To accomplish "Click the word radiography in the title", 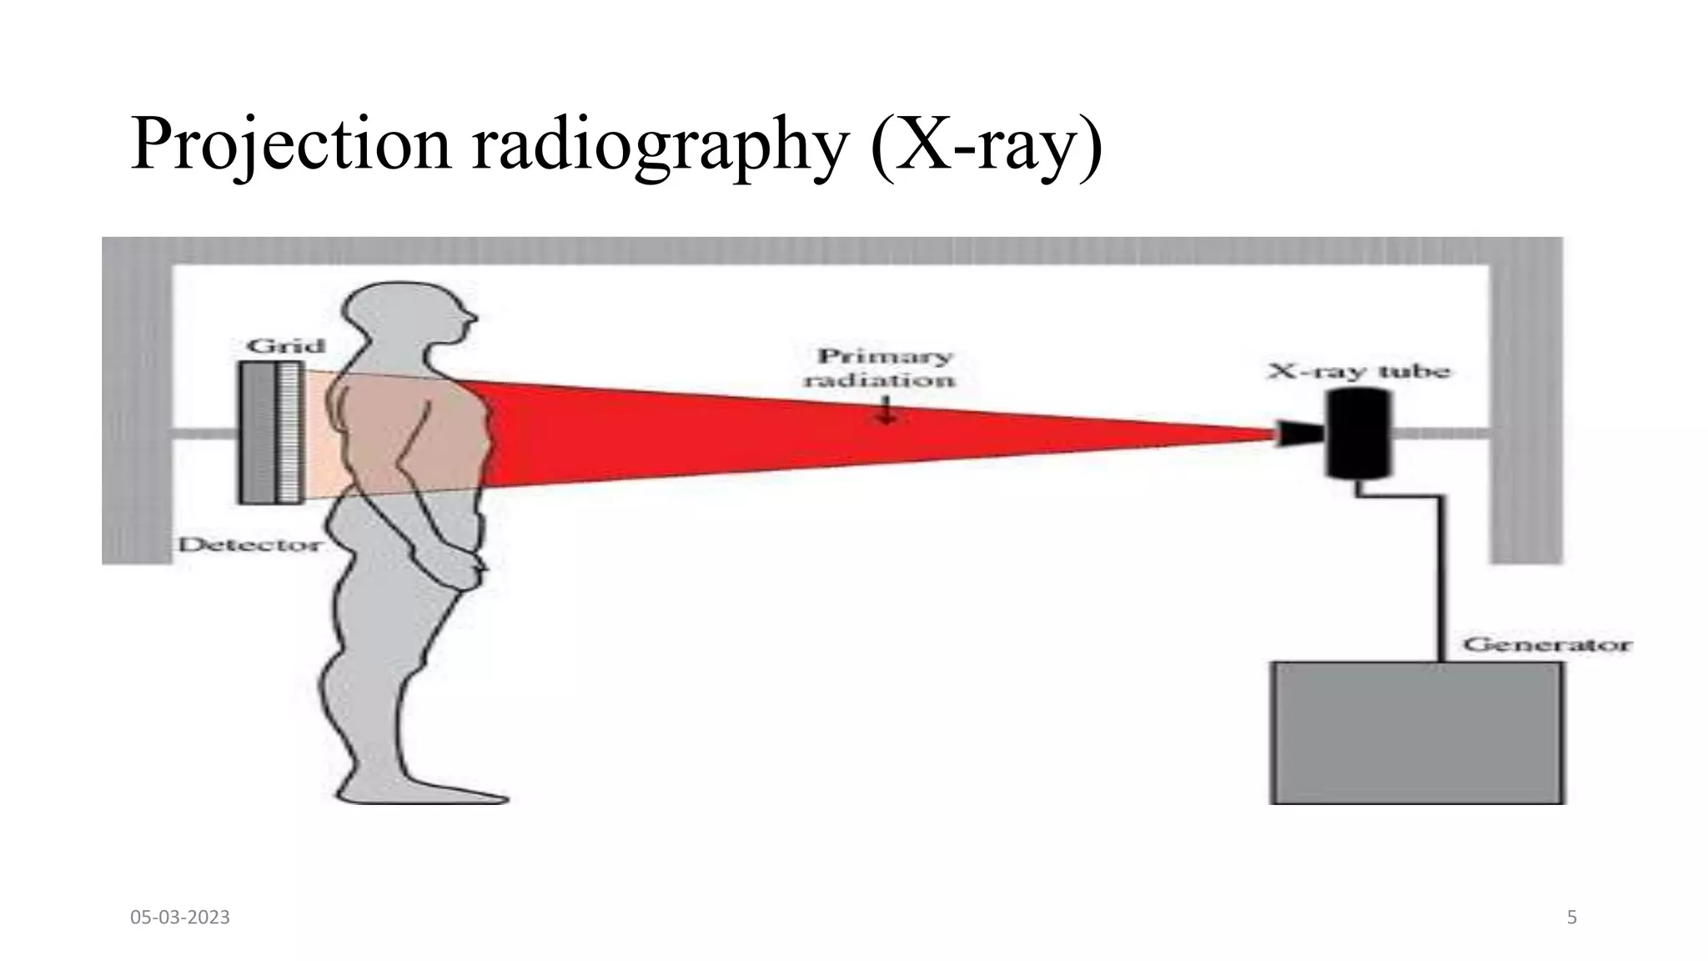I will point(659,147).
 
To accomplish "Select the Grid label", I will point(285,345).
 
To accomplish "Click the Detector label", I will point(249,545).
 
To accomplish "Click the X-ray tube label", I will point(1359,371).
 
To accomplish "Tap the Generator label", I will point(1546,645).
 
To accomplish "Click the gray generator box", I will point(1416,732).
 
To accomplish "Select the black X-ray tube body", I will point(1359,434).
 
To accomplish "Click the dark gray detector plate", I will point(258,432).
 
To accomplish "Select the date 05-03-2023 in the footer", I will point(180,918).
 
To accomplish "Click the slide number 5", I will point(1571,918).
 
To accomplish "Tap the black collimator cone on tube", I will point(1300,433).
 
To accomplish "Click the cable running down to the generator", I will point(1441,576).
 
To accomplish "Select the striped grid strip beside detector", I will point(289,432).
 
